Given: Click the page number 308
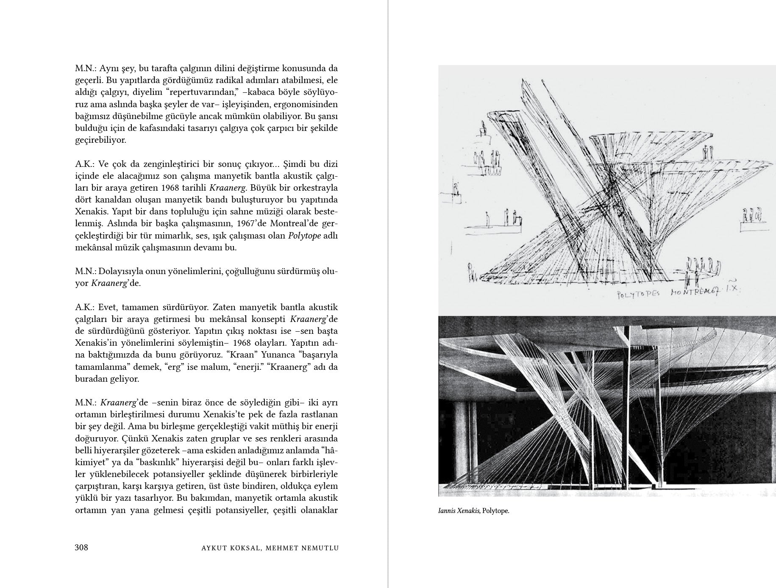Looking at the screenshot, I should coord(81,547).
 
